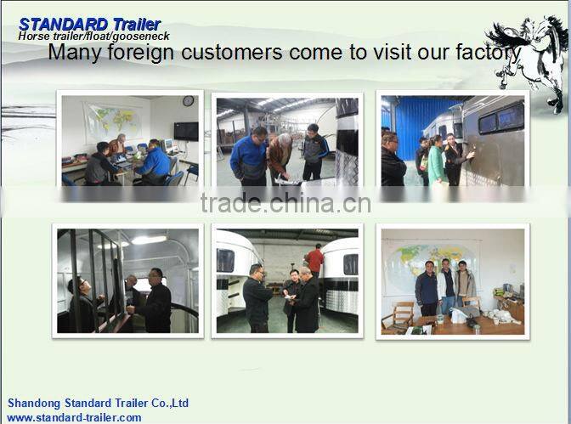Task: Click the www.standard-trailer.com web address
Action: point(74,417)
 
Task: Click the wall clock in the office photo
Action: point(188,101)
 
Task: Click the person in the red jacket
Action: point(315,259)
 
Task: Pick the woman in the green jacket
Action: point(436,160)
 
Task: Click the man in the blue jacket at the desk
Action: point(155,161)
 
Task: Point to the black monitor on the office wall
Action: point(185,131)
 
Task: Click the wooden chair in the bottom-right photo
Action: point(403,314)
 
